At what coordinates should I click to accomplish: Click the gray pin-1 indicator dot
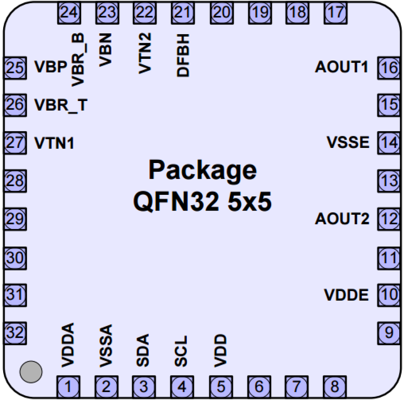pos(31,372)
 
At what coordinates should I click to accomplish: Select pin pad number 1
pos(69,386)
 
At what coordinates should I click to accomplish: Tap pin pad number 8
pos(335,386)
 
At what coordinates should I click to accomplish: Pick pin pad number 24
pos(69,13)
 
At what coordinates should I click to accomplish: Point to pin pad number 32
pos(15,332)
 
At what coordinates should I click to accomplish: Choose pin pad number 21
pos(183,13)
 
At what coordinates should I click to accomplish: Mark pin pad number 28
pos(15,181)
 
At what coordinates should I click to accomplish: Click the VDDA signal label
pos(68,345)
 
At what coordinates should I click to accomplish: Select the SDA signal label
pos(143,350)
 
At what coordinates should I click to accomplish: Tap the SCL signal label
pos(181,351)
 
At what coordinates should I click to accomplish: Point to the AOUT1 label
pos(341,67)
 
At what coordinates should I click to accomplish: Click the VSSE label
pos(348,142)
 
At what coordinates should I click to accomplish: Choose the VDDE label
pos(346,295)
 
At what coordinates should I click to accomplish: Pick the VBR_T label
pos(61,105)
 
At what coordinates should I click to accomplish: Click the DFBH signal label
pos(183,55)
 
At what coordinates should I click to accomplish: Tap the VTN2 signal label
pos(145,53)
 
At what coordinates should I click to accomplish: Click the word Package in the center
pos(203,170)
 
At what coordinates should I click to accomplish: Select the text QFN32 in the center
pos(176,202)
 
